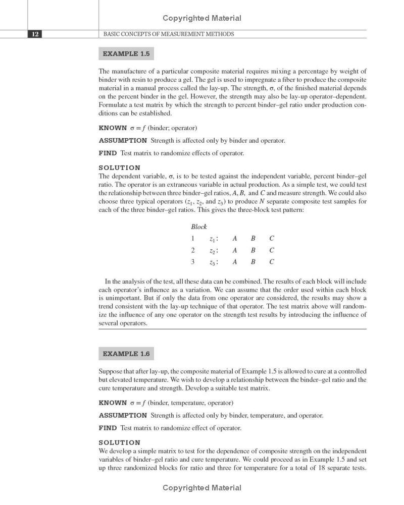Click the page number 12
pyautogui.click(x=35, y=34)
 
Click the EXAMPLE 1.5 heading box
pyautogui.click(x=126, y=53)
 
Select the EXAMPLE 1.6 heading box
pyautogui.click(x=126, y=354)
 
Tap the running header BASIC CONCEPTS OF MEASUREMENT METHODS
pyautogui.click(x=168, y=34)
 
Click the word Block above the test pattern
pyautogui.click(x=199, y=227)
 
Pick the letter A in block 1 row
pyautogui.click(x=235, y=238)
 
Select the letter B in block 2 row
pyautogui.click(x=253, y=250)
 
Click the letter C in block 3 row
pyautogui.click(x=272, y=262)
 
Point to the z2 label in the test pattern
pyautogui.click(x=213, y=251)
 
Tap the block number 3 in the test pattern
pyautogui.click(x=193, y=262)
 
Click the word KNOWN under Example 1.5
pyautogui.click(x=113, y=128)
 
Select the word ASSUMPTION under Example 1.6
pyautogui.click(x=123, y=415)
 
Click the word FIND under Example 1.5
pyautogui.click(x=108, y=153)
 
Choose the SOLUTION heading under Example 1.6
pyautogui.click(x=120, y=442)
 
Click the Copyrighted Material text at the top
pyautogui.click(x=202, y=18)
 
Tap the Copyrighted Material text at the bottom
pyautogui.click(x=202, y=488)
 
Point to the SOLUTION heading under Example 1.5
pyautogui.click(x=120, y=167)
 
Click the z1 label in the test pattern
pyautogui.click(x=213, y=239)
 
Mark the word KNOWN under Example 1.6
pyautogui.click(x=113, y=403)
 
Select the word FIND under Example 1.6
pyautogui.click(x=108, y=428)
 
